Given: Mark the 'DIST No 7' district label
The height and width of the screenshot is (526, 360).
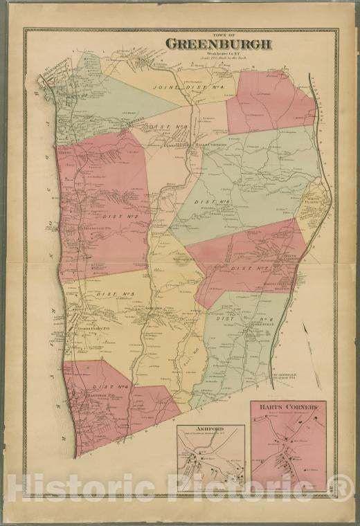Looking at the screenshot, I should tap(249, 267).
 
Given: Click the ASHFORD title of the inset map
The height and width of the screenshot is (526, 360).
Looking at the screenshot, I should tap(209, 429).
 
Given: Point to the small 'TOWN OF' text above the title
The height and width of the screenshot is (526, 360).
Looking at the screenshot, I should tap(218, 34).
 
